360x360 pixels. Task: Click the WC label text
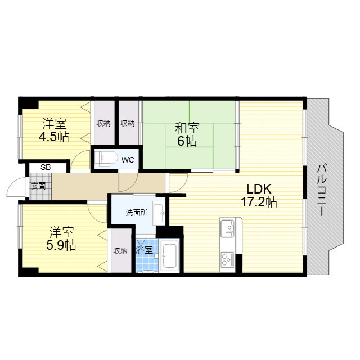point(128,160)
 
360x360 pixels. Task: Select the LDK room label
point(259,189)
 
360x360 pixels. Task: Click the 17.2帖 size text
point(259,202)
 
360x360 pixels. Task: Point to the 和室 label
point(187,128)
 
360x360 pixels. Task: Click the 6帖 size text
point(187,141)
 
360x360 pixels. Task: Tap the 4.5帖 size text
point(54,137)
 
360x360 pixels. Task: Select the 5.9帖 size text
point(61,245)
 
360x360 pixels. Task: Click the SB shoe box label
point(46,167)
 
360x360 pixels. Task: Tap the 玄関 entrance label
point(38,186)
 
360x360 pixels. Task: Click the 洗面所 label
point(136,213)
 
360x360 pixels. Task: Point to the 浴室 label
point(144,250)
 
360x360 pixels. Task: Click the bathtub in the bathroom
point(169,255)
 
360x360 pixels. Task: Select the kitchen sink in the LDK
point(227,228)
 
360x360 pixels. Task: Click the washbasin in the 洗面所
point(159,213)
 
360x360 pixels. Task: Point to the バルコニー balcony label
point(321,190)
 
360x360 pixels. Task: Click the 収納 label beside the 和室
point(128,124)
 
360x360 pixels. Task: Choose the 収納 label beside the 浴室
point(120,251)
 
